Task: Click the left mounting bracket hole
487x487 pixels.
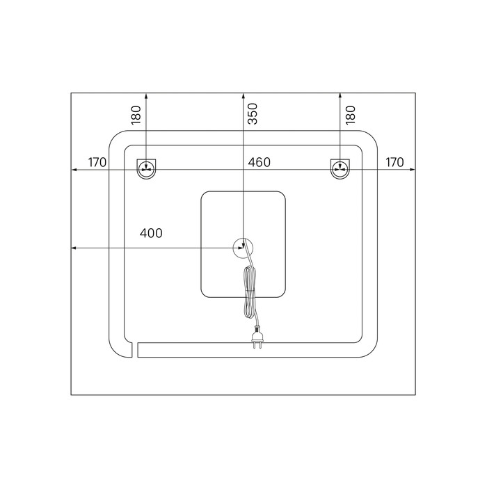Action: coord(146,169)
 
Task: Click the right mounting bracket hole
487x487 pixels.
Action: coord(340,169)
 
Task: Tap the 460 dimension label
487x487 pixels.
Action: coord(259,162)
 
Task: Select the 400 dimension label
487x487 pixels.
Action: coord(151,233)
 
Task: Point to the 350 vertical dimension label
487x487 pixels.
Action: coord(253,113)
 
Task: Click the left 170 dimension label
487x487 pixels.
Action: coord(97,162)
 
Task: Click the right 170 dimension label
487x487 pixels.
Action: coord(394,162)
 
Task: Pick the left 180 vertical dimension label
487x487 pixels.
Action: coord(136,115)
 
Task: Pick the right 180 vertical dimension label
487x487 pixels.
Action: coord(350,115)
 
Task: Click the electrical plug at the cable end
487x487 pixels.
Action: coord(257,337)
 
